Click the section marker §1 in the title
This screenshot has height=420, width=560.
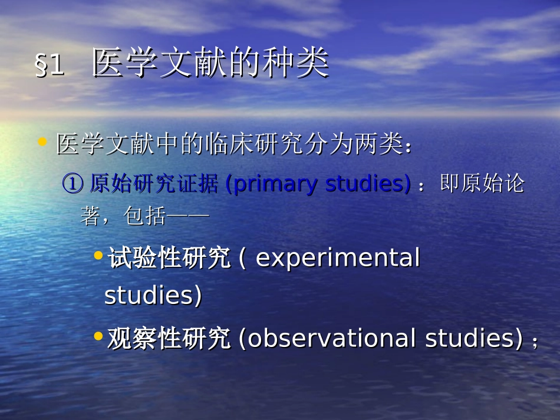pyautogui.click(x=50, y=66)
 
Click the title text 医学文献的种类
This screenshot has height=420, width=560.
pyautogui.click(x=210, y=64)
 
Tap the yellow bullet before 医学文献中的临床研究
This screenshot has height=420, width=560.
pyautogui.click(x=42, y=142)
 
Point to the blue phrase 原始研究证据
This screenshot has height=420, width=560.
pyautogui.click(x=156, y=184)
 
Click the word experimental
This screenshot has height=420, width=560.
pyautogui.click(x=338, y=259)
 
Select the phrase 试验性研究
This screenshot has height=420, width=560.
pyautogui.click(x=169, y=259)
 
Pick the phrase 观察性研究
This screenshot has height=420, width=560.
pyautogui.click(x=169, y=339)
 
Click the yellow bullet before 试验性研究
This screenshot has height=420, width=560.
pyautogui.click(x=98, y=255)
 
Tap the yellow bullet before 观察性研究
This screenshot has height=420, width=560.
pyautogui.click(x=98, y=336)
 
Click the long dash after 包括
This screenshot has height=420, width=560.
pyautogui.click(x=189, y=217)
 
